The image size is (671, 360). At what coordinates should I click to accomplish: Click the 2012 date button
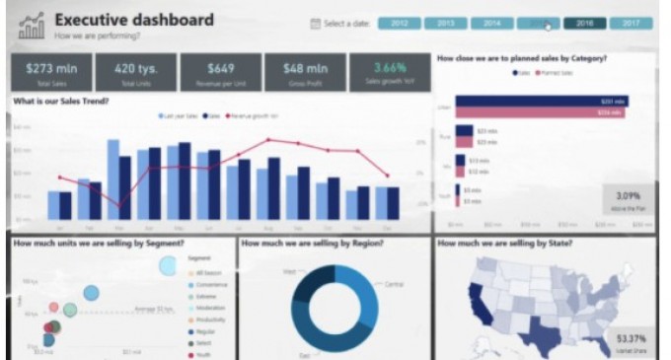pyautogui.click(x=400, y=23)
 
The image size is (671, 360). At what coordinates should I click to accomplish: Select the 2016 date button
pyautogui.click(x=585, y=23)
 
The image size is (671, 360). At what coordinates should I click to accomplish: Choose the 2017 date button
pyautogui.click(x=631, y=23)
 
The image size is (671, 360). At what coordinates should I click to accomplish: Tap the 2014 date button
pyautogui.click(x=492, y=23)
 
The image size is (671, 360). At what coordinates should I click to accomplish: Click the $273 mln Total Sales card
pyautogui.click(x=51, y=72)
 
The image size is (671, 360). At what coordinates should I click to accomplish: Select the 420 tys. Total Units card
pyautogui.click(x=135, y=72)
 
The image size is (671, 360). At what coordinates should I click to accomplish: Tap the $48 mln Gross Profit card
pyautogui.click(x=305, y=72)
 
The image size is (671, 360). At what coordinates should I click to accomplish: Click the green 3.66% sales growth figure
pyautogui.click(x=389, y=68)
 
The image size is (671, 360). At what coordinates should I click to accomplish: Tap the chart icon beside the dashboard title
pyautogui.click(x=33, y=26)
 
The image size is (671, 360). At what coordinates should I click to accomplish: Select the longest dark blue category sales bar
pyautogui.click(x=541, y=101)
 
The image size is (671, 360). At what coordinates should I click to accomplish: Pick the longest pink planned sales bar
pyautogui.click(x=540, y=112)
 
